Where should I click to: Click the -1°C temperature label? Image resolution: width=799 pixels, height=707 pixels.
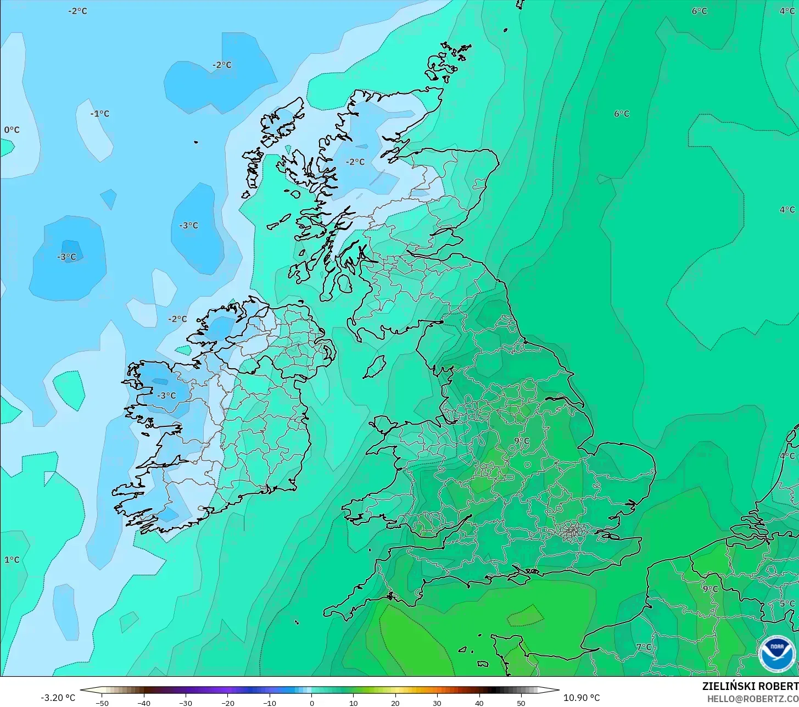point(100,114)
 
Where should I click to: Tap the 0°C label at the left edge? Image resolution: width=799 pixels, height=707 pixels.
point(12,130)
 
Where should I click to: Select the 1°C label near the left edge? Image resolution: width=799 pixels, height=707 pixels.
point(12,560)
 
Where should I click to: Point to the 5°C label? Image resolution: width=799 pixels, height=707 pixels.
point(787,603)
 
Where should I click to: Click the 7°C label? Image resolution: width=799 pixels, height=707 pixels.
point(644,647)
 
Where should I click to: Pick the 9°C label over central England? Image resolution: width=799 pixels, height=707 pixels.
point(522,441)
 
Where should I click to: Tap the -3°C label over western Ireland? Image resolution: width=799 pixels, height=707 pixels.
point(166,396)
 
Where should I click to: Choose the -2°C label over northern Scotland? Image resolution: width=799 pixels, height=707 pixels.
point(355,162)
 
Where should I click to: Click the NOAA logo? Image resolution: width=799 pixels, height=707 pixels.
point(776,653)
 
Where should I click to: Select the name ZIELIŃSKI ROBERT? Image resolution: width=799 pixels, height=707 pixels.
point(750,686)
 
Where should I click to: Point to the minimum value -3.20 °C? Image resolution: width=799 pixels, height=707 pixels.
point(58,698)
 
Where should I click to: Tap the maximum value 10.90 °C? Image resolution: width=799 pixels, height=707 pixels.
point(582,698)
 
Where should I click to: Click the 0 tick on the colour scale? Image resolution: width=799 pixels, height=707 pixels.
point(311,703)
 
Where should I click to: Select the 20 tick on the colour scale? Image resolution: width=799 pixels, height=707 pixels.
point(395,703)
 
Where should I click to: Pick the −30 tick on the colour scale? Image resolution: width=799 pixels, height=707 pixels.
point(186,703)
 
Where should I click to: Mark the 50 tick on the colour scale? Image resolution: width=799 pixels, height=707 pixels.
point(521,703)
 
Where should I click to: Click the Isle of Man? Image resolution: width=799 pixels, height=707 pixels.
point(375,366)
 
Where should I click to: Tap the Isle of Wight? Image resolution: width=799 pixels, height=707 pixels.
point(520,575)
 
